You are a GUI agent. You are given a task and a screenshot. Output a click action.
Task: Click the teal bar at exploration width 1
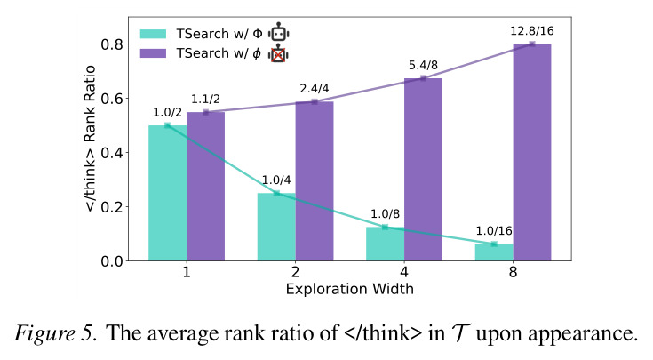pyautogui.click(x=167, y=193)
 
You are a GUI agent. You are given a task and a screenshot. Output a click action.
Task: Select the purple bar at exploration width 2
pyautogui.click(x=315, y=181)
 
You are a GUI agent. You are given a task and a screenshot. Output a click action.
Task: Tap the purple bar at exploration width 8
pyautogui.click(x=532, y=153)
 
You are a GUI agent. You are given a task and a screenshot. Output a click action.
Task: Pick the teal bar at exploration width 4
pyautogui.click(x=386, y=244)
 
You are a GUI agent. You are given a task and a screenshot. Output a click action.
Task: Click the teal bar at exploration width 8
pyautogui.click(x=494, y=252)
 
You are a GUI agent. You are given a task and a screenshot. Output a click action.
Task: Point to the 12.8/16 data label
pyautogui.click(x=532, y=31)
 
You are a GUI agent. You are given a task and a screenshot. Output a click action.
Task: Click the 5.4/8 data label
pyautogui.click(x=423, y=65)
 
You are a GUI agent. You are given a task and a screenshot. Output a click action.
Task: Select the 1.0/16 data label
pyautogui.click(x=494, y=231)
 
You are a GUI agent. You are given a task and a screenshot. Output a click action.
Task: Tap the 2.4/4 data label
pyautogui.click(x=315, y=88)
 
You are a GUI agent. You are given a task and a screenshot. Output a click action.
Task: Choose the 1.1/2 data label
pyautogui.click(x=205, y=100)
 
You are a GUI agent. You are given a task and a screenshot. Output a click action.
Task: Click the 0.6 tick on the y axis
pyautogui.click(x=112, y=99)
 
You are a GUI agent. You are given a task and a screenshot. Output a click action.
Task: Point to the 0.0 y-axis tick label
pyautogui.click(x=112, y=261)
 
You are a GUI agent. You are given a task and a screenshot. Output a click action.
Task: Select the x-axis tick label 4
pyautogui.click(x=404, y=272)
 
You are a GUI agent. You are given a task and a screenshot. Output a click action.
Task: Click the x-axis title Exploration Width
pyautogui.click(x=350, y=289)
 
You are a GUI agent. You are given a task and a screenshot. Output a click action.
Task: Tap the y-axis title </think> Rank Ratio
pyautogui.click(x=91, y=139)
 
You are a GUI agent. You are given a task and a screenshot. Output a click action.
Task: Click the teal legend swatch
pyautogui.click(x=153, y=34)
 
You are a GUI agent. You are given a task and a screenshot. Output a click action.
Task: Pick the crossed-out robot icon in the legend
pyautogui.click(x=278, y=53)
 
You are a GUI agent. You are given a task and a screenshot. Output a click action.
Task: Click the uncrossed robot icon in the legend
pyautogui.click(x=279, y=32)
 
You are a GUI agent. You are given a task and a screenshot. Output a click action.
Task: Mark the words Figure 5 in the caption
pyautogui.click(x=55, y=333)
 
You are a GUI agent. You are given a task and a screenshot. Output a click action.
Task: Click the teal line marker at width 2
pyautogui.click(x=276, y=193)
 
